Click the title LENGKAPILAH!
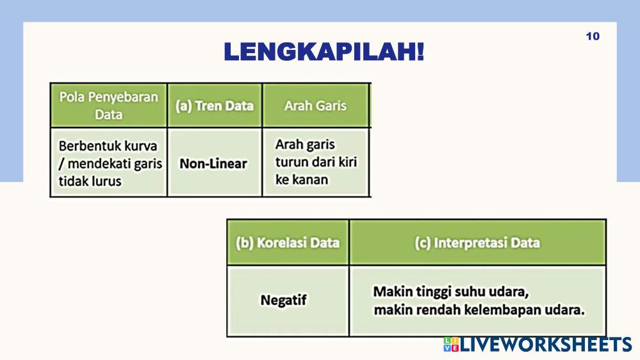[324, 52]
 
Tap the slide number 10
[593, 37]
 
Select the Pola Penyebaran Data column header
[108, 105]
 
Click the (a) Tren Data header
[215, 106]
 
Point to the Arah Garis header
[315, 106]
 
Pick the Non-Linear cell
[213, 164]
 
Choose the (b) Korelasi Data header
[288, 242]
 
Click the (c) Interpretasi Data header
[477, 242]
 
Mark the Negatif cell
[284, 300]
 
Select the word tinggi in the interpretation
[431, 292]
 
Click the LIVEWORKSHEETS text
[546, 345]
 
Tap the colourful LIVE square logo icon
[451, 345]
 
